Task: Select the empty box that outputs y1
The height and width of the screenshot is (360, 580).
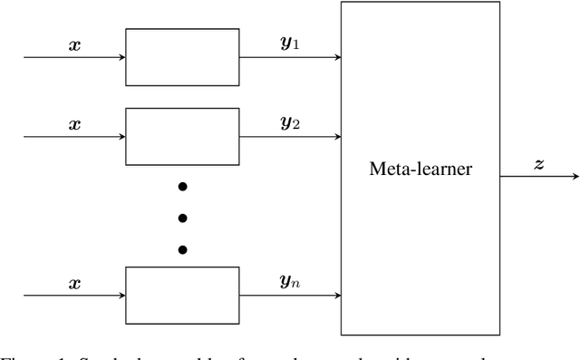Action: [x=182, y=56]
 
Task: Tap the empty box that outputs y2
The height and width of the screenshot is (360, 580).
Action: [x=182, y=136]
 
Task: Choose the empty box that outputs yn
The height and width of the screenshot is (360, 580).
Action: [x=182, y=296]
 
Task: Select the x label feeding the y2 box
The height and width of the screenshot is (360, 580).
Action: [x=74, y=124]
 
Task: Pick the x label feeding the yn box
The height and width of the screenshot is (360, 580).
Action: [x=74, y=283]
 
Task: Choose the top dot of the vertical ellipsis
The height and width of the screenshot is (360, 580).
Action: [x=182, y=186]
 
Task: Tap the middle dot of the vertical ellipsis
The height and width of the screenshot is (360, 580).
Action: [x=182, y=218]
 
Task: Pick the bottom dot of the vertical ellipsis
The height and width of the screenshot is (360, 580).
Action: [x=182, y=249]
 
